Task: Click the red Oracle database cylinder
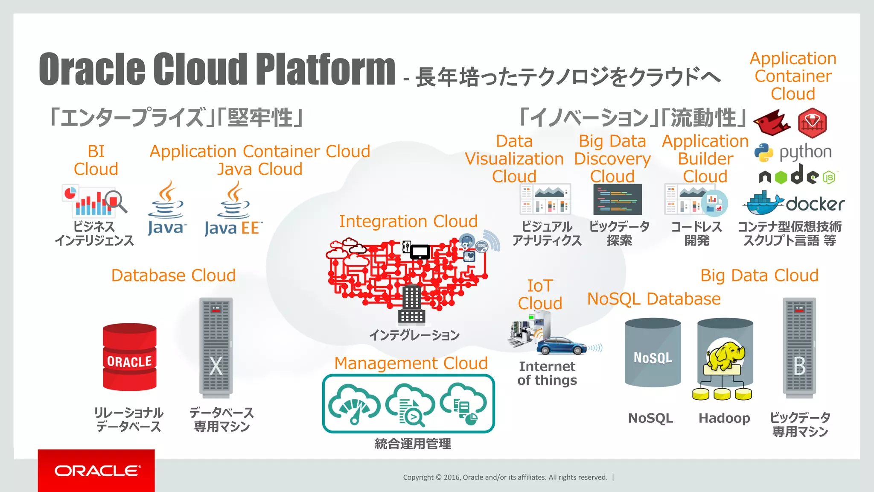[130, 357]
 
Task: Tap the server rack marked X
[216, 347]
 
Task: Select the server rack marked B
[799, 347]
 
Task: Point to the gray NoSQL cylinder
[653, 353]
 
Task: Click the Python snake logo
[763, 152]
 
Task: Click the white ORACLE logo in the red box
[97, 471]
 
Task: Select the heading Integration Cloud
[408, 221]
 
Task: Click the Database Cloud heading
[173, 275]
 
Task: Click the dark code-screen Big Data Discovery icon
[618, 199]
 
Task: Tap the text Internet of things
[547, 373]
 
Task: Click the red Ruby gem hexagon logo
[812, 123]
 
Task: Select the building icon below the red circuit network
[412, 305]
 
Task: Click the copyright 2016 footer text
[505, 477]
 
